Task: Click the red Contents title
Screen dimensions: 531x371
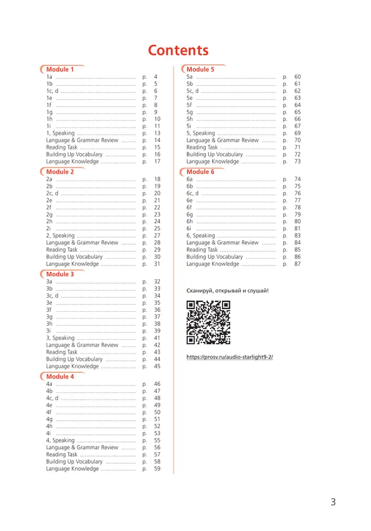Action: click(x=178, y=50)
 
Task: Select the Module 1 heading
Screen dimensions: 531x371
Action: click(x=60, y=70)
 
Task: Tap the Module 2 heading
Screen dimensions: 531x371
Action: click(x=60, y=172)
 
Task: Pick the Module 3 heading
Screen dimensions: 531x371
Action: click(x=60, y=274)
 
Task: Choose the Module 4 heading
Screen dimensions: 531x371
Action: click(x=60, y=377)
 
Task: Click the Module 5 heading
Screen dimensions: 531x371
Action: click(x=200, y=70)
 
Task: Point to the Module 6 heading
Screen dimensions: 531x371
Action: click(x=200, y=172)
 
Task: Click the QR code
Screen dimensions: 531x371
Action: click(x=208, y=323)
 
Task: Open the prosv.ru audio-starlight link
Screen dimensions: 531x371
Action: click(x=229, y=357)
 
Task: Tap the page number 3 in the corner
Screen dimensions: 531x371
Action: click(x=333, y=502)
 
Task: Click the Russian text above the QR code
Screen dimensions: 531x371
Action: click(x=227, y=291)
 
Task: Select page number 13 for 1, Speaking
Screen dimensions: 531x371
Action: click(x=157, y=134)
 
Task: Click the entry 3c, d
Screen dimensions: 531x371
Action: click(x=53, y=296)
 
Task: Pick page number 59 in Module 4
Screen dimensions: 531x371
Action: click(x=157, y=469)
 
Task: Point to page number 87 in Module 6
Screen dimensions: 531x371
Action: click(x=297, y=264)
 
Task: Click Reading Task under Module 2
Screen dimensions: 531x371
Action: click(x=62, y=250)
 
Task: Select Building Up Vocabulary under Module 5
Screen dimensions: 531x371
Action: click(x=215, y=155)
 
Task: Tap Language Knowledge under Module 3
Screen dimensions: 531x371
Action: click(x=72, y=367)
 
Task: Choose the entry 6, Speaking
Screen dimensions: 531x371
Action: click(x=201, y=236)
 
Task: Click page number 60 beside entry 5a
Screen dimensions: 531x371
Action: click(x=297, y=77)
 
